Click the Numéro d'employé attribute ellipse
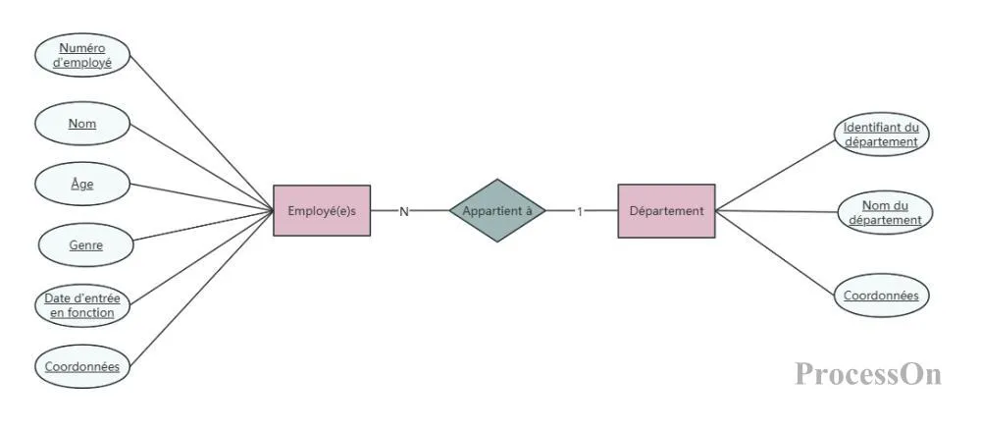tap(82, 55)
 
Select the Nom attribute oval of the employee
tap(82, 124)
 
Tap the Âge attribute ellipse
tap(82, 184)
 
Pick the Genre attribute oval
tap(86, 244)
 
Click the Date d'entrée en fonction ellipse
tap(82, 305)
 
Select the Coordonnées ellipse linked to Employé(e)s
tap(82, 366)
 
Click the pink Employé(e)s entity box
tap(322, 210)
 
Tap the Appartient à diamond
tap(497, 210)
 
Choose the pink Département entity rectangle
tap(666, 211)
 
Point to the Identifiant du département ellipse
tap(882, 134)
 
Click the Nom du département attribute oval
tap(885, 213)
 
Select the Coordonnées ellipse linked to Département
tap(882, 295)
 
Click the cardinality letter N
tap(404, 212)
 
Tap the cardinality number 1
tap(580, 212)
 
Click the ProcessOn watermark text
tap(868, 374)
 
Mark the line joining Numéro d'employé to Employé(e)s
tap(201, 133)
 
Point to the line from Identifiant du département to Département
tap(775, 176)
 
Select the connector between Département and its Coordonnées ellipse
tap(775, 252)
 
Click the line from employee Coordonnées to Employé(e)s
tap(201, 288)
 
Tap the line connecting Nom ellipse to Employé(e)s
tap(201, 167)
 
